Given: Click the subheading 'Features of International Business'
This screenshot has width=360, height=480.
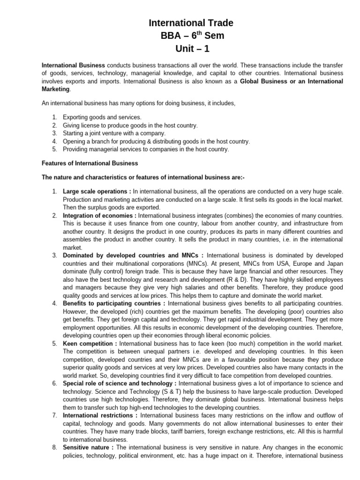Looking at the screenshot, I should [90, 163].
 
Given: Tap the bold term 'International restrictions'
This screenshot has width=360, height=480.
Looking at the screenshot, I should [98, 415].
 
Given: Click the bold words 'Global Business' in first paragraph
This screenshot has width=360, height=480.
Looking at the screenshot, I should [264, 82].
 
